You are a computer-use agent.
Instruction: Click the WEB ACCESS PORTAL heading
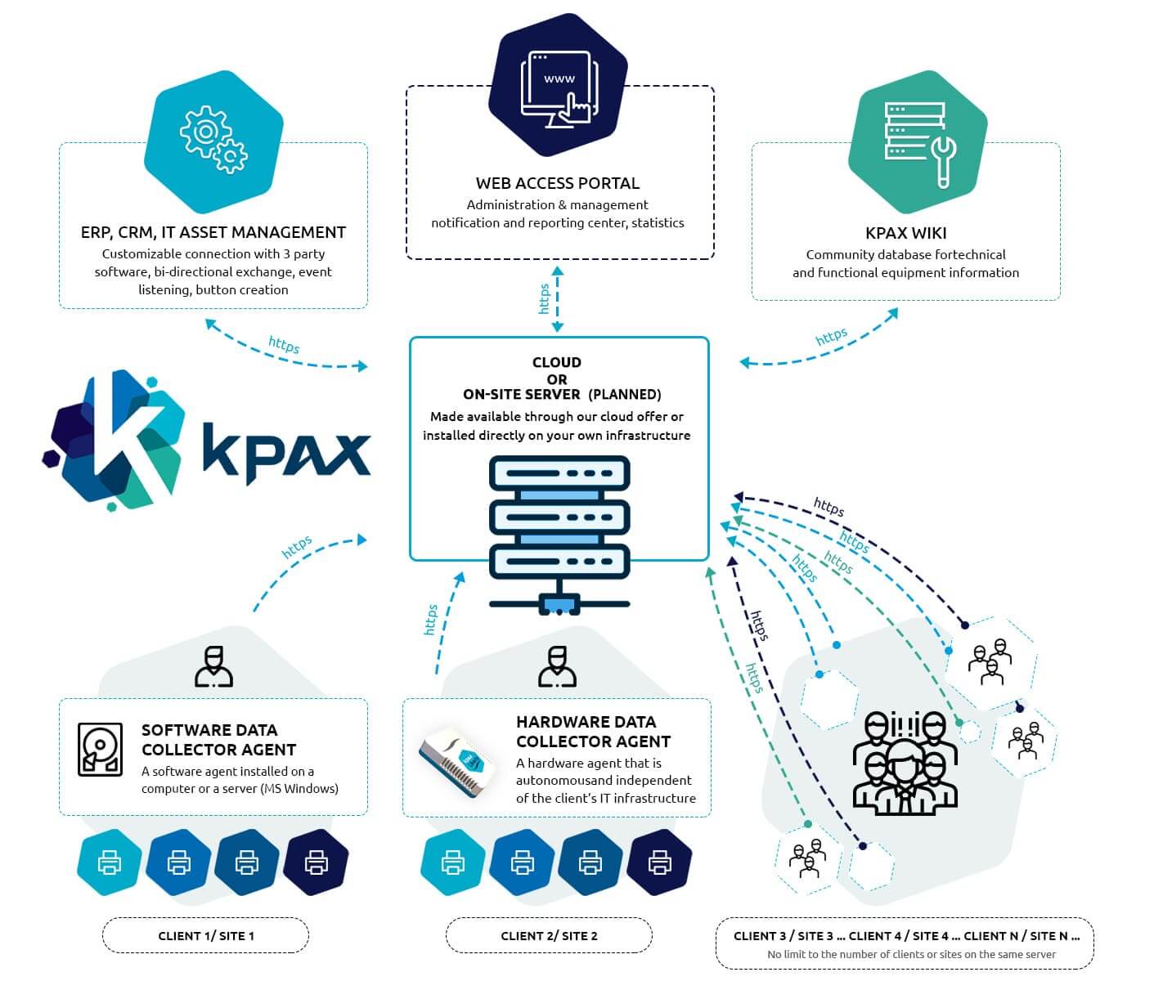tap(558, 183)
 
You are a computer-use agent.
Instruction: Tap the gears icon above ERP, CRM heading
tap(213, 139)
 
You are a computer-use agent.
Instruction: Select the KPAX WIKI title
tap(905, 233)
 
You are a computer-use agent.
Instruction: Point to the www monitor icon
tap(559, 89)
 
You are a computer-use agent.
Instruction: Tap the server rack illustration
tap(559, 531)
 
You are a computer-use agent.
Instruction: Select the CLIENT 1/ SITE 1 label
tap(206, 935)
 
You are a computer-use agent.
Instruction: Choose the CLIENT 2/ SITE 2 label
tap(549, 935)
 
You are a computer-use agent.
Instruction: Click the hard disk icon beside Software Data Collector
tap(100, 749)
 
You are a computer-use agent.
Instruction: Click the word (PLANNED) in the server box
tap(625, 394)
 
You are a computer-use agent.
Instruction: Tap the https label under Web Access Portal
tap(545, 298)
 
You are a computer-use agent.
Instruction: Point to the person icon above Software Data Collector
tap(213, 666)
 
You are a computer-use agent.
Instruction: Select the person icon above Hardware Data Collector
tap(557, 666)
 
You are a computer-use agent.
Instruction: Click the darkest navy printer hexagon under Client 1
tap(316, 862)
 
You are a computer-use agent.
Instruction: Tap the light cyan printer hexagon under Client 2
tap(452, 862)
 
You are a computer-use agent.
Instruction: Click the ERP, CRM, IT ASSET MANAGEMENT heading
tap(213, 232)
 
